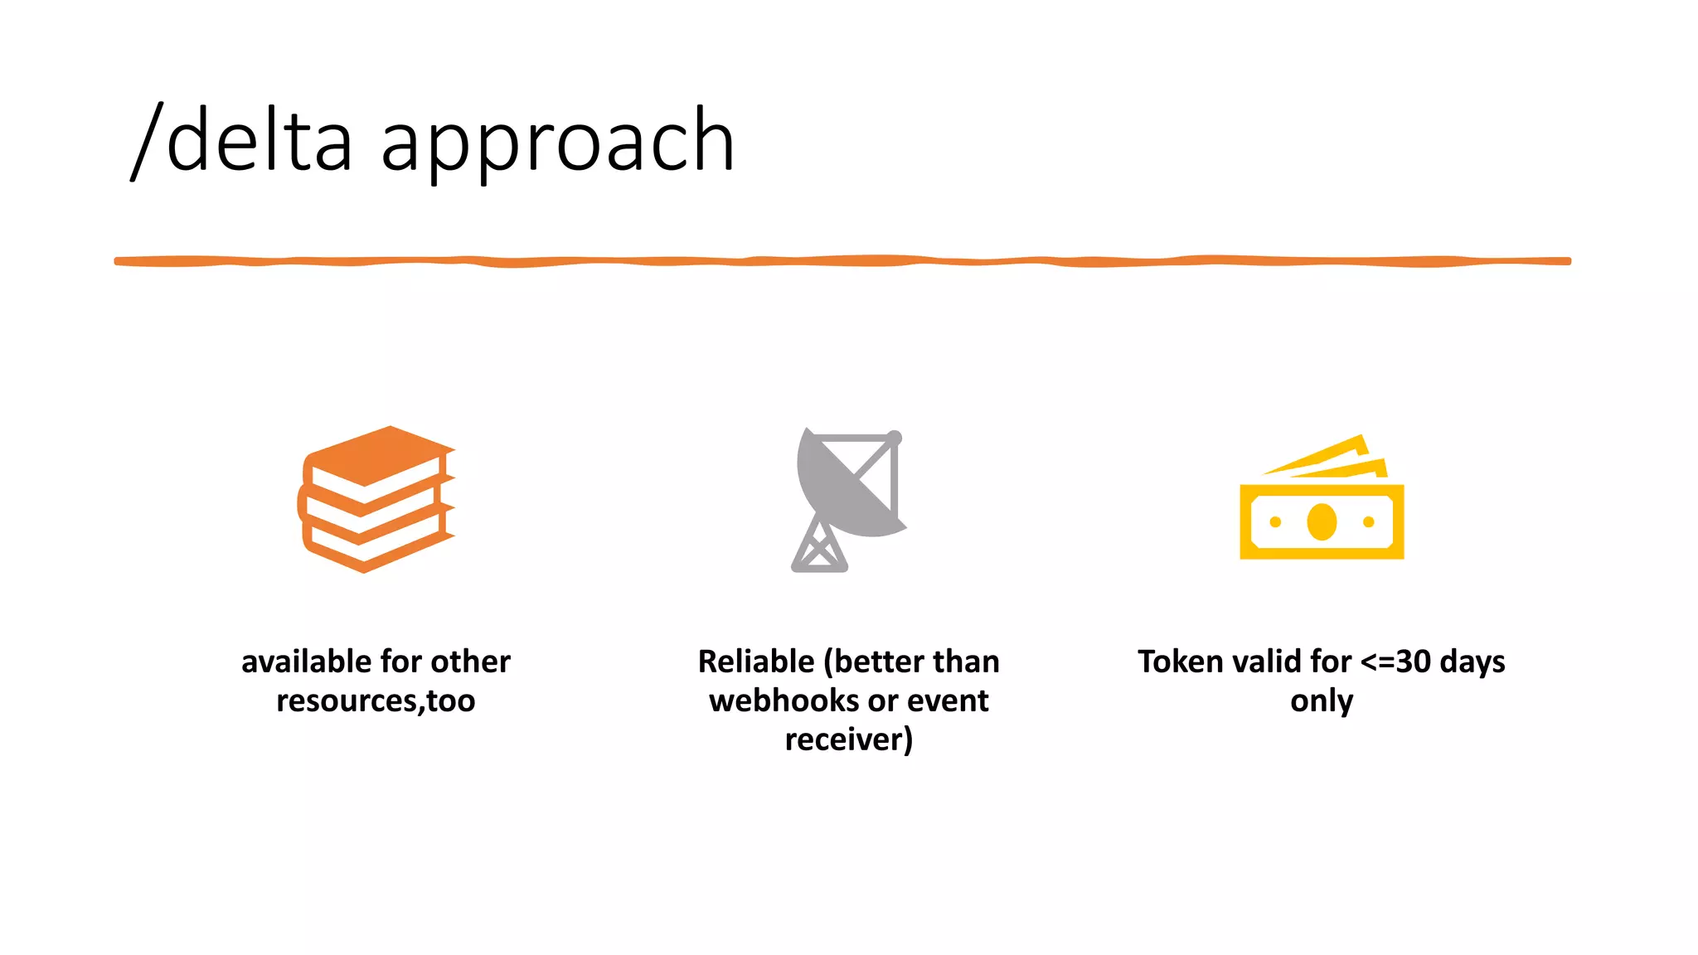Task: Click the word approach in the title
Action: (557, 143)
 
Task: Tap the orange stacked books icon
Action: (376, 499)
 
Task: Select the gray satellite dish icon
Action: (847, 498)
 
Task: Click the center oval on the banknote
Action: (1322, 522)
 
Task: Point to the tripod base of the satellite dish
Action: (819, 548)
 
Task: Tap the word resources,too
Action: (376, 700)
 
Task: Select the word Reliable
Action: (756, 662)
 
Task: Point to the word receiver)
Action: (848, 739)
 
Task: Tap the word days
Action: (1472, 662)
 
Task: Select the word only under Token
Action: (1322, 700)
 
